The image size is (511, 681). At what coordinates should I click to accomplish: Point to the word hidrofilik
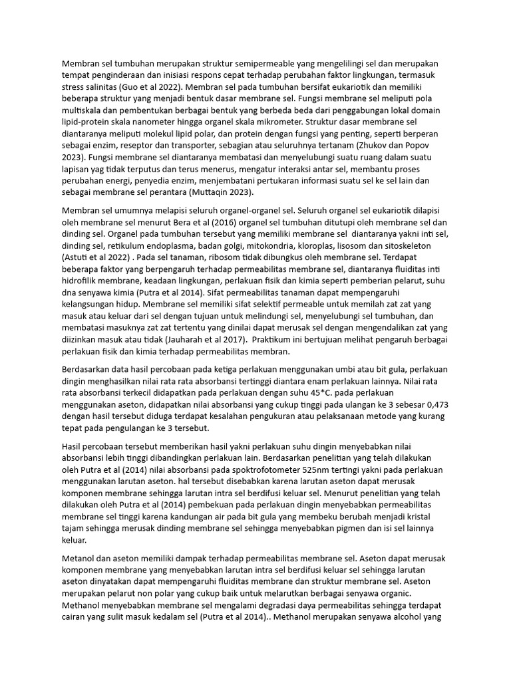[84, 281]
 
